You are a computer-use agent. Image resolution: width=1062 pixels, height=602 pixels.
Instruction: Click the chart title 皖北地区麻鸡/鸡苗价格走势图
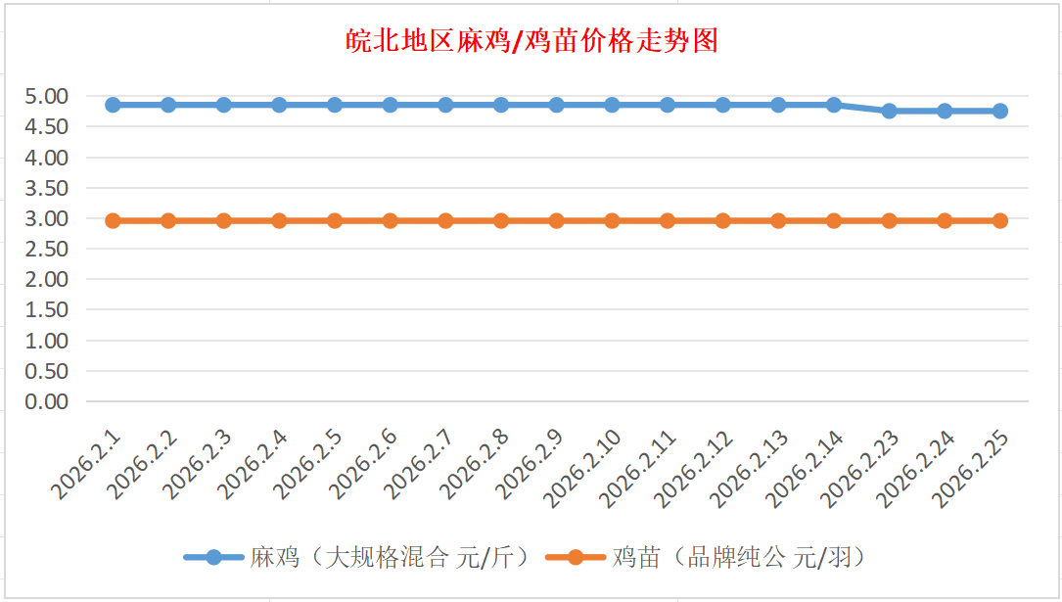532,41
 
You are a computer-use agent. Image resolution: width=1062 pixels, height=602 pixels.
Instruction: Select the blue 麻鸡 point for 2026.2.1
113,105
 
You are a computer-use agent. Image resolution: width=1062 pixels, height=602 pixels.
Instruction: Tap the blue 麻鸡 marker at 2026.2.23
889,111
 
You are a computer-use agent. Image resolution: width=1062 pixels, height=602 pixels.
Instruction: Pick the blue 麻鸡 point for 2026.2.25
999,111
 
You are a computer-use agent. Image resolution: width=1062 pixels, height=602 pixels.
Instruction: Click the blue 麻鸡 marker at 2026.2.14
834,105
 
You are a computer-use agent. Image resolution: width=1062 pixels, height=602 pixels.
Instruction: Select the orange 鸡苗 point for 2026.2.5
335,220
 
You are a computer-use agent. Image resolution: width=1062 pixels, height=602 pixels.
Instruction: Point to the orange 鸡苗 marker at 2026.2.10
612,220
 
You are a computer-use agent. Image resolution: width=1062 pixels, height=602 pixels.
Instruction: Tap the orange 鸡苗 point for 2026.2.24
945,220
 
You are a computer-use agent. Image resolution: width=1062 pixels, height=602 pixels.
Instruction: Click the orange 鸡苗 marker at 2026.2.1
113,220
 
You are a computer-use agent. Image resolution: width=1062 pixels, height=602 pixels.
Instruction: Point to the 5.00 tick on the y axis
48,96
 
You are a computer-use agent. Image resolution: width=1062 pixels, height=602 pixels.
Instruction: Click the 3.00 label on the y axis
48,218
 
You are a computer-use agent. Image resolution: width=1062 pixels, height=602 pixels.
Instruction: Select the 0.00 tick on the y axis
48,401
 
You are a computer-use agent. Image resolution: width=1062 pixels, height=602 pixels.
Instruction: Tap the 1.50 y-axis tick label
48,309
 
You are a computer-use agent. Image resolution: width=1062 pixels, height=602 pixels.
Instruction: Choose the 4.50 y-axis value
48,126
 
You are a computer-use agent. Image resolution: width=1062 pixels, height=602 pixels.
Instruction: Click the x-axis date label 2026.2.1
88,465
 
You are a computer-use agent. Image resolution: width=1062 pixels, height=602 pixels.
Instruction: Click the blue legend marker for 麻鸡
213,557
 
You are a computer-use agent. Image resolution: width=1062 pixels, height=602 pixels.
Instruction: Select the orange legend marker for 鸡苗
576,557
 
